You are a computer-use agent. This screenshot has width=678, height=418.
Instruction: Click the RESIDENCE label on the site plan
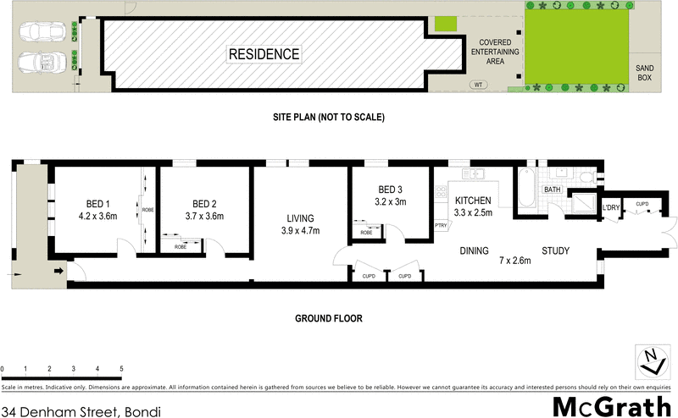(264, 54)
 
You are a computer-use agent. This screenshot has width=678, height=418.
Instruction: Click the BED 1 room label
(98, 204)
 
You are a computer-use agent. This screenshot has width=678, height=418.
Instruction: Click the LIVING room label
(300, 217)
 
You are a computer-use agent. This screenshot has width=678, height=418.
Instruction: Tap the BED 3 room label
(391, 190)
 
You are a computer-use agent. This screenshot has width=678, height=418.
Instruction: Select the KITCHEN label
(474, 201)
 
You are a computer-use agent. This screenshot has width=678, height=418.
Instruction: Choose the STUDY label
(554, 250)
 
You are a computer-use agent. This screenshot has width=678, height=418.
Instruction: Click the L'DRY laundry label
(611, 207)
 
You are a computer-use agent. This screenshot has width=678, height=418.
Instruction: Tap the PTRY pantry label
(441, 225)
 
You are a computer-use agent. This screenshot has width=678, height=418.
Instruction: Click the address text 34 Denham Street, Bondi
(81, 410)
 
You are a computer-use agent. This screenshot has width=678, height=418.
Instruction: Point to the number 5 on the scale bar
(121, 370)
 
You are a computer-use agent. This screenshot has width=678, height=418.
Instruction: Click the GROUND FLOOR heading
(328, 319)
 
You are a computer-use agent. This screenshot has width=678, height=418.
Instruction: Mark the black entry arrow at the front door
(58, 272)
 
